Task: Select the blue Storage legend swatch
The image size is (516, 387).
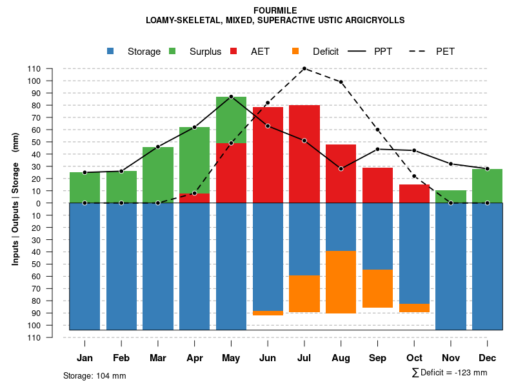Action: pyautogui.click(x=111, y=51)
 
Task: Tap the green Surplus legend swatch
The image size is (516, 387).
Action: pyautogui.click(x=173, y=51)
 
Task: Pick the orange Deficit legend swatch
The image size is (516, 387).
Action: pyautogui.click(x=296, y=51)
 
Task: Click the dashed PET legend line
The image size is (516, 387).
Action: pyautogui.click(x=422, y=51)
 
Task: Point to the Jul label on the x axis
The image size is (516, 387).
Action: pyautogui.click(x=304, y=358)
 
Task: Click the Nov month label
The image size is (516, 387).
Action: pyautogui.click(x=451, y=358)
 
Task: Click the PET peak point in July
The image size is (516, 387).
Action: pyautogui.click(x=304, y=68)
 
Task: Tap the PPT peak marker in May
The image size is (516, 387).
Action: pyautogui.click(x=231, y=97)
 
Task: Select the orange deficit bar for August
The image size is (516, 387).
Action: pyautogui.click(x=341, y=282)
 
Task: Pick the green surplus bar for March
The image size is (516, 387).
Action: pyautogui.click(x=158, y=175)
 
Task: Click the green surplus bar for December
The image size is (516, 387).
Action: pyautogui.click(x=487, y=186)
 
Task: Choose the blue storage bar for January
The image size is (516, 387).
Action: pyautogui.click(x=84, y=266)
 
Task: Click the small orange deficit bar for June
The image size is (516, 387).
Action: pyautogui.click(x=268, y=313)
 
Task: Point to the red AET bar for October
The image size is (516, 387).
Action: pyautogui.click(x=414, y=193)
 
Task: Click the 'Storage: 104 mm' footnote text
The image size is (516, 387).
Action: pyautogui.click(x=94, y=375)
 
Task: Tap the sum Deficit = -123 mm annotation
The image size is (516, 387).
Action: pyautogui.click(x=449, y=372)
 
